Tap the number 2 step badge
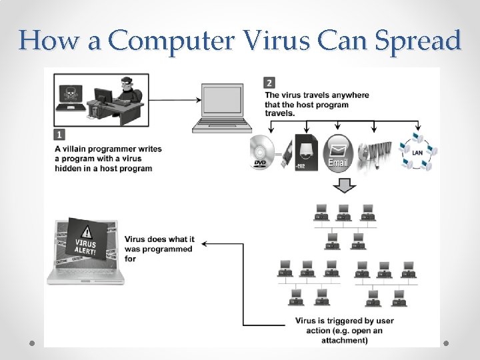[269, 83]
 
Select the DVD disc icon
[263, 153]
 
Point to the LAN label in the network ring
[417, 153]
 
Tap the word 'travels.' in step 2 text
[280, 113]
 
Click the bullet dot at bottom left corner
[32, 343]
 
